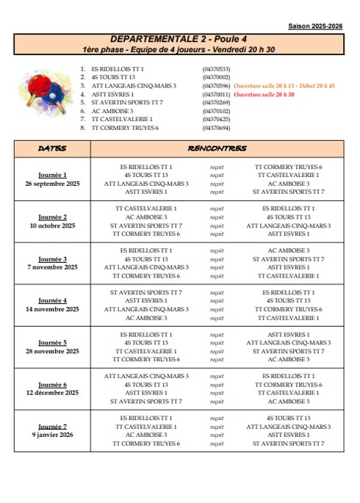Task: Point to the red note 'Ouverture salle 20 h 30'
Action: point(264,95)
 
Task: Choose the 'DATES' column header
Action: point(52,148)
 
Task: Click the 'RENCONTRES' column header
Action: point(217,148)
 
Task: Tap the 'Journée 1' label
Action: point(52,175)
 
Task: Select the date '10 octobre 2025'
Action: point(52,225)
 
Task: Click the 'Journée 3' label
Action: point(52,258)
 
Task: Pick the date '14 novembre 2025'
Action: point(52,309)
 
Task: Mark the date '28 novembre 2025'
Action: point(52,351)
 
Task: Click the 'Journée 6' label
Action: point(52,384)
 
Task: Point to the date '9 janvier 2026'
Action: point(52,435)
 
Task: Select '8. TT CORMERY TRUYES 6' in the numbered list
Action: point(120,128)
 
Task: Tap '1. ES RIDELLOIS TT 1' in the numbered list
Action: point(114,69)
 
